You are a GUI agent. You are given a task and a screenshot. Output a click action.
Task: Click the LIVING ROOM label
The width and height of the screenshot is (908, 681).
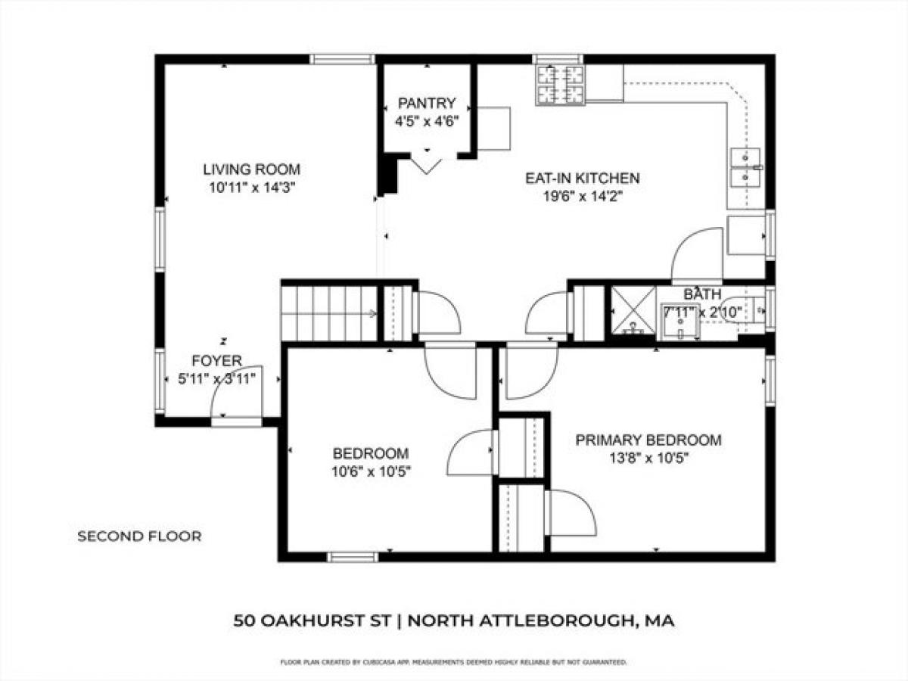click(x=251, y=169)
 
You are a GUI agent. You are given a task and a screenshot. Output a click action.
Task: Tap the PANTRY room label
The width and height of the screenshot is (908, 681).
click(x=428, y=104)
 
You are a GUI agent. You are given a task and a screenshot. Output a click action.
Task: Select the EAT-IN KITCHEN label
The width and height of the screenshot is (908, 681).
click(x=583, y=179)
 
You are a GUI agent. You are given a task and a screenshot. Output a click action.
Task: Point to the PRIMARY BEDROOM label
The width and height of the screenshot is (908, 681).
click(x=648, y=440)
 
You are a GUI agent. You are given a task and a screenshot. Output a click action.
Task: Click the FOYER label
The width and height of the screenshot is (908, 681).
click(x=216, y=360)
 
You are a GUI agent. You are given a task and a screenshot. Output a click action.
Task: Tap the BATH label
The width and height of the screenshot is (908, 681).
click(x=702, y=294)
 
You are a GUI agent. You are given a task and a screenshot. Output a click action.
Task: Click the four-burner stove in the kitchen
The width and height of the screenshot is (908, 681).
click(x=561, y=84)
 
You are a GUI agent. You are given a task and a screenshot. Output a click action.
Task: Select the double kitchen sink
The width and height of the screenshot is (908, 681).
click(x=745, y=167)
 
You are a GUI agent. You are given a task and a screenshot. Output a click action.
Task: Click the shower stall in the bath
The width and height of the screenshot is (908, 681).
click(x=633, y=310)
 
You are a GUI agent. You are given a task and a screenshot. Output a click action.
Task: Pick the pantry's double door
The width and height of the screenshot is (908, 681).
click(x=428, y=163)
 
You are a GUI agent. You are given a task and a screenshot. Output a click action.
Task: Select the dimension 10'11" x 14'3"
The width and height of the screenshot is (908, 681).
click(x=251, y=188)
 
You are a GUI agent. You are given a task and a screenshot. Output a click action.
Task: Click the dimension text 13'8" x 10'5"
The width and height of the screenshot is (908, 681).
click(x=648, y=458)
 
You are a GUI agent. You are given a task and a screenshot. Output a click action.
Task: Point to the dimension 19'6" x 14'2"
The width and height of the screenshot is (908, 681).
click(x=583, y=197)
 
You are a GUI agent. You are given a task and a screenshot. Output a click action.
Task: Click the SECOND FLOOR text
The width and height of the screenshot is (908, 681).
click(x=139, y=536)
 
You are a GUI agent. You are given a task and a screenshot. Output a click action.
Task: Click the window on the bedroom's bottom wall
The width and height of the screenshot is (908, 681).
click(x=352, y=558)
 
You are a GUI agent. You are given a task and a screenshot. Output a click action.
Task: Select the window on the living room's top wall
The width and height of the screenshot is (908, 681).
click(x=341, y=59)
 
